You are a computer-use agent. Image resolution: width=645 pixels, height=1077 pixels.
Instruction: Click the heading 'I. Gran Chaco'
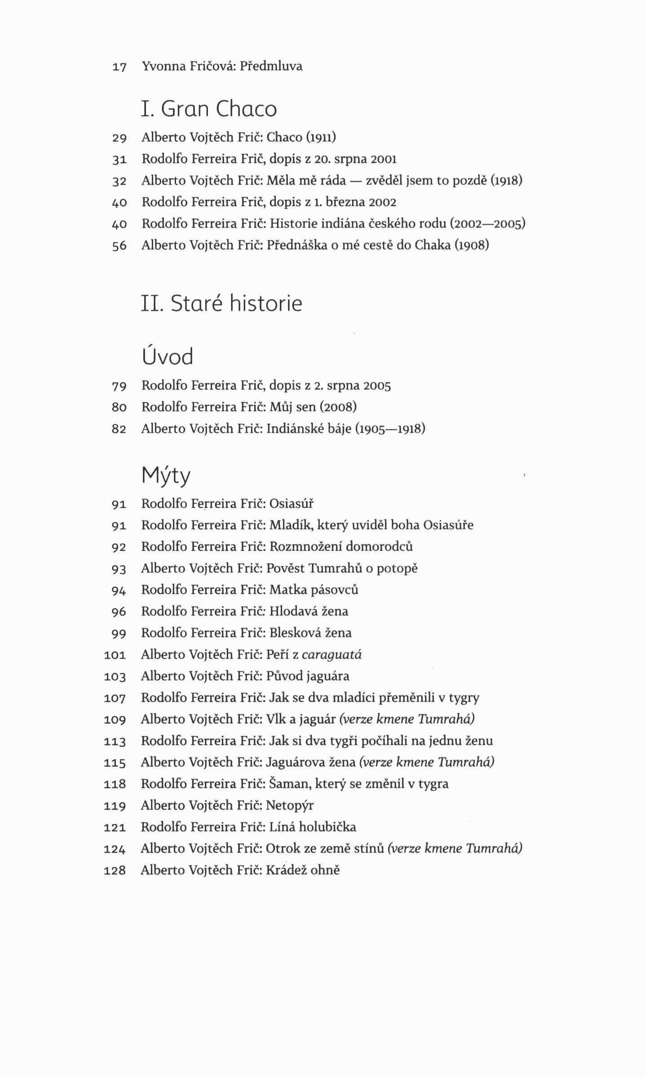[x=209, y=109]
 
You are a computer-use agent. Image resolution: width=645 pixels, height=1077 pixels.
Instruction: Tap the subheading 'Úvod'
[x=167, y=357]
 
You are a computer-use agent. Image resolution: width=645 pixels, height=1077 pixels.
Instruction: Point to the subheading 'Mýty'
[x=166, y=476]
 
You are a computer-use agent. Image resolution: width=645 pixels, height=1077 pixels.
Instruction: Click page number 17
[x=119, y=67]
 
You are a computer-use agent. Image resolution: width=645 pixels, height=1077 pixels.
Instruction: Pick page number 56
[x=119, y=246]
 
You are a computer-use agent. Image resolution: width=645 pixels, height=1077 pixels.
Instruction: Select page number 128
[x=115, y=871]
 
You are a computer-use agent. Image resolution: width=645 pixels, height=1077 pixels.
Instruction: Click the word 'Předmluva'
[x=271, y=66]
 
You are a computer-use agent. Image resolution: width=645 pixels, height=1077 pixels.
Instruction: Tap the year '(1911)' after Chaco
[x=321, y=137]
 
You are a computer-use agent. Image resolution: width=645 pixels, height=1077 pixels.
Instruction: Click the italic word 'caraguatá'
[x=331, y=655]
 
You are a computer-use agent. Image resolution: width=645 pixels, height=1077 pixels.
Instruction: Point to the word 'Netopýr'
[x=290, y=805]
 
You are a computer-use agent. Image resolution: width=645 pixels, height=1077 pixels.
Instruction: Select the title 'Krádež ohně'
[x=303, y=870]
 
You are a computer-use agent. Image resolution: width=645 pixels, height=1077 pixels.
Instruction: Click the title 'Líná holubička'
[x=313, y=827]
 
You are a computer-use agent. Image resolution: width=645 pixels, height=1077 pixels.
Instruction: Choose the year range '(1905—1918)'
[x=390, y=429]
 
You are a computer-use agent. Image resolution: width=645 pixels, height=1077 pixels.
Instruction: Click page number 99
[x=119, y=634]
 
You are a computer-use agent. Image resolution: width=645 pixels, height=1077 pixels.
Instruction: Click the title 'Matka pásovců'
[x=314, y=589]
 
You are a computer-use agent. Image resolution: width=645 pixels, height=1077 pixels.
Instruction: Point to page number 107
[x=115, y=698]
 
